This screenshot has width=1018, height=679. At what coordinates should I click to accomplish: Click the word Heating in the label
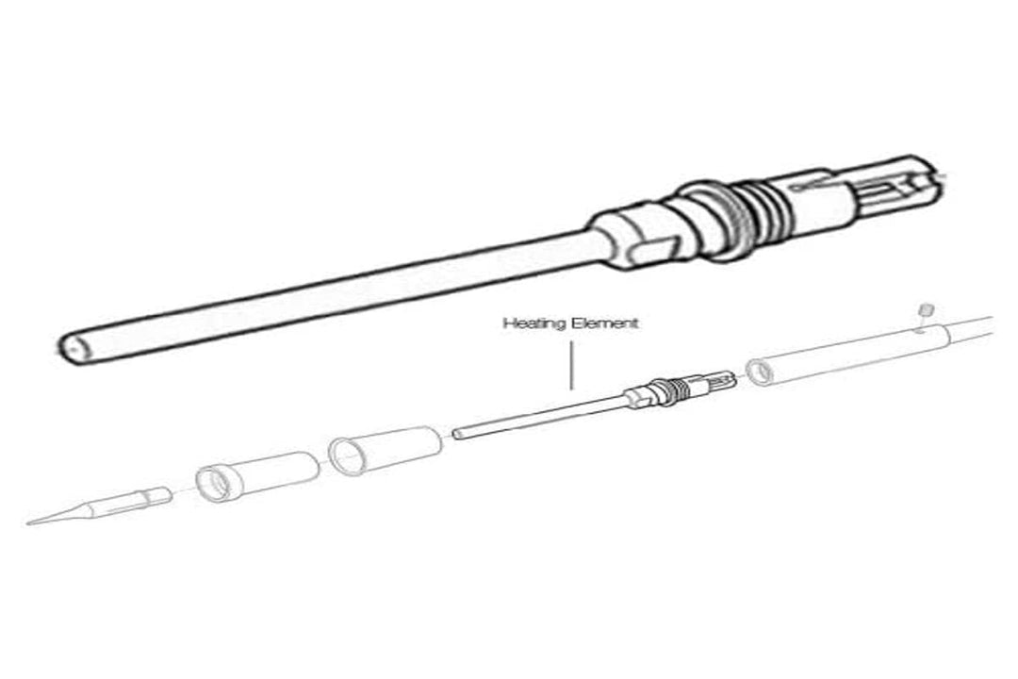tap(527, 323)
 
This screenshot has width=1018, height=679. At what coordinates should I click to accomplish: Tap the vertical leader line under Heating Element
tap(571, 367)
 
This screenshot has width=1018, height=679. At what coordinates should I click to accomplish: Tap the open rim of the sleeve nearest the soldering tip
tap(214, 484)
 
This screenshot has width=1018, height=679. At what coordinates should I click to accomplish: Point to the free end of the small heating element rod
tap(457, 434)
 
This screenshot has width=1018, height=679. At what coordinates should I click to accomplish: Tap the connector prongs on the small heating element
tap(721, 379)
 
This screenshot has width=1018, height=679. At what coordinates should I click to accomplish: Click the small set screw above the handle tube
tap(926, 308)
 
